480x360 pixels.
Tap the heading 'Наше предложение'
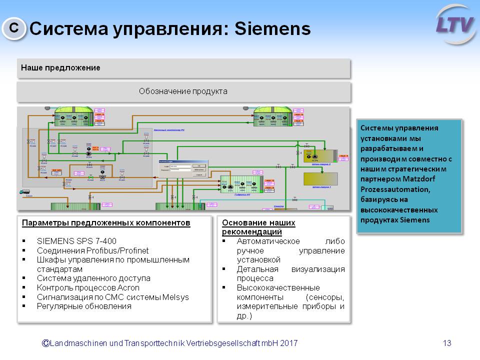click(60, 67)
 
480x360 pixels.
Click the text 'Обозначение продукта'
click(183, 91)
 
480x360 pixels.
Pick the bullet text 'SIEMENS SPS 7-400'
click(76, 240)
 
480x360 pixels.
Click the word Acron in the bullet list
click(129, 287)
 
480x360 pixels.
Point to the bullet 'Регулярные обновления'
click(84, 306)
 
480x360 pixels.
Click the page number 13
click(447, 343)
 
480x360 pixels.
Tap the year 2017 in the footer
click(288, 343)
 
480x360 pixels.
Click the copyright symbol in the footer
click(45, 343)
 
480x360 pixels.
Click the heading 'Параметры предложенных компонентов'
click(106, 222)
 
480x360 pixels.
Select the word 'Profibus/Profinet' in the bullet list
click(117, 250)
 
